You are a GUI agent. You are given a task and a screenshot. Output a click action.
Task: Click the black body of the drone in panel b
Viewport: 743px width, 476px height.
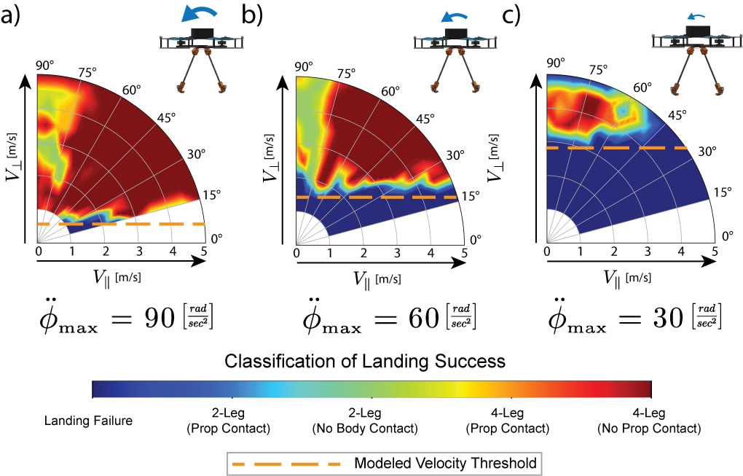click(455, 34)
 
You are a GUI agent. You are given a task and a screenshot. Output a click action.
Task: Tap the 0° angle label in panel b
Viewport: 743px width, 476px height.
click(475, 238)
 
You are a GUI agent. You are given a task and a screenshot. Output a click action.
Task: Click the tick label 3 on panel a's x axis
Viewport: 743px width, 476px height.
click(139, 251)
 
